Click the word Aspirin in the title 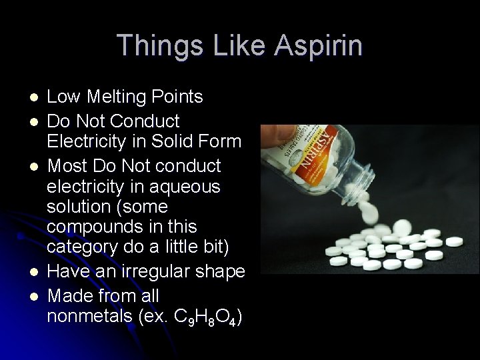(319, 46)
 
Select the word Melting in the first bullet (113, 97)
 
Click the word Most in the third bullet (66, 164)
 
